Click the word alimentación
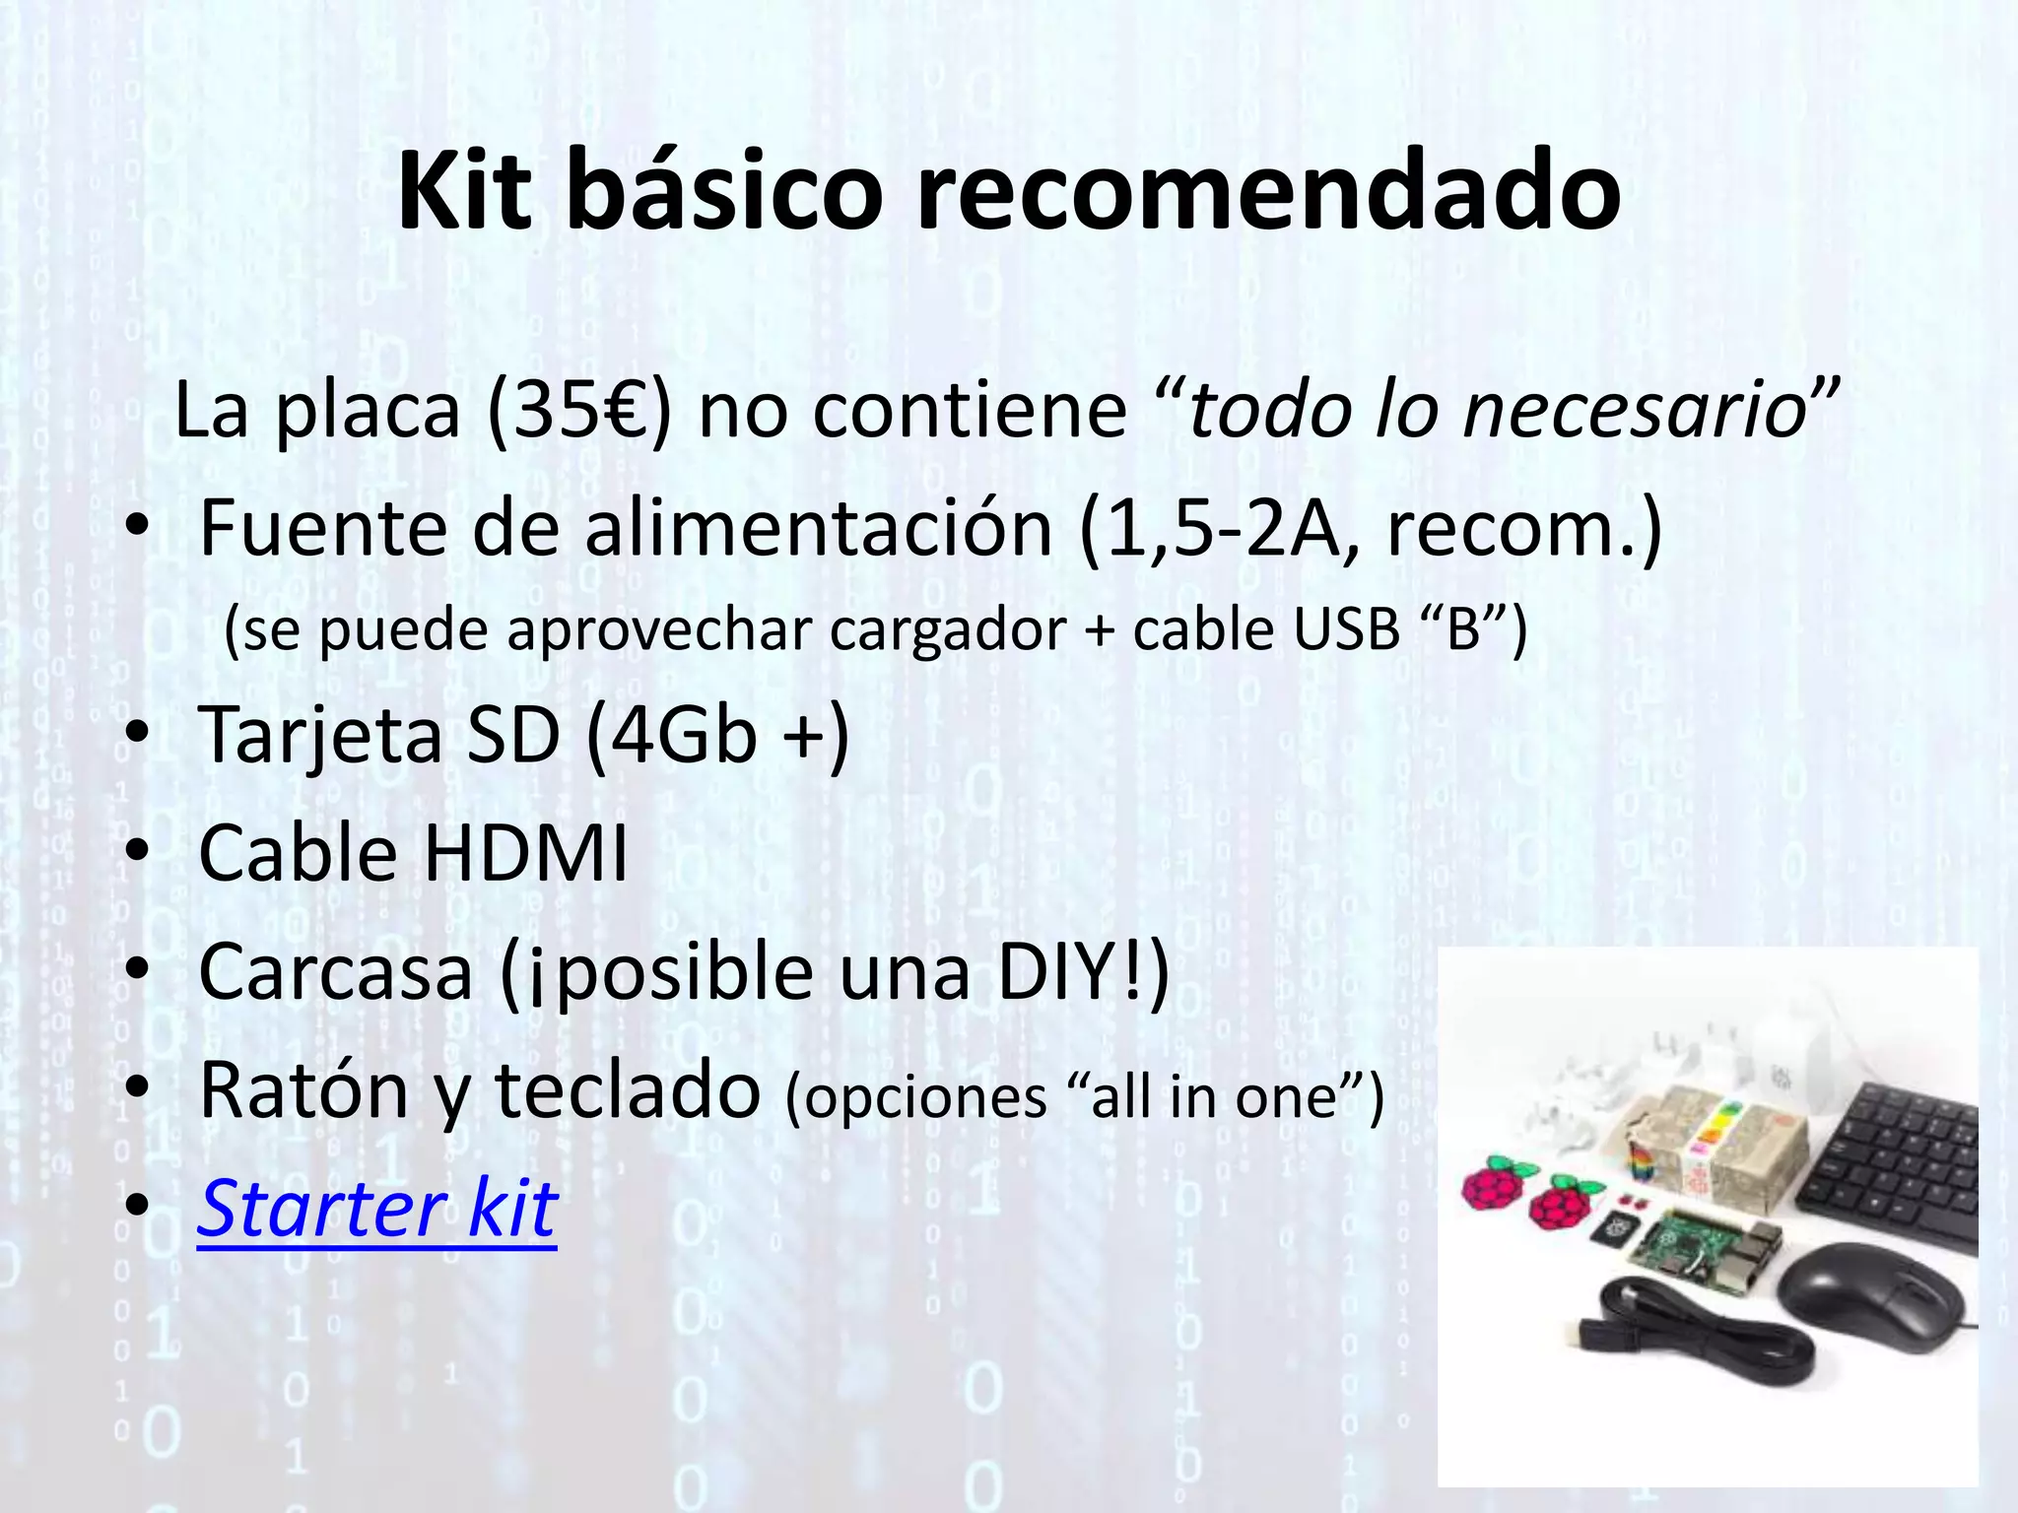point(818,529)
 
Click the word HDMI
point(525,852)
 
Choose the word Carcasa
point(336,971)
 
